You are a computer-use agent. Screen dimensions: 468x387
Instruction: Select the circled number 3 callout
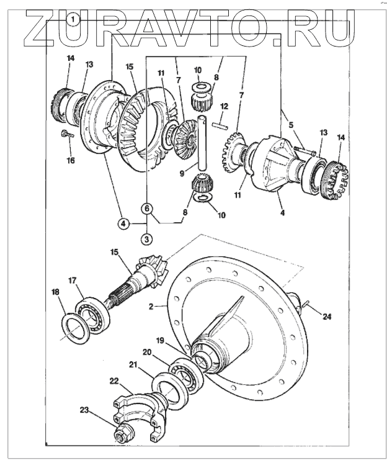point(147,238)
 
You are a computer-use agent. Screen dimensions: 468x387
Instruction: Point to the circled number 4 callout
point(124,223)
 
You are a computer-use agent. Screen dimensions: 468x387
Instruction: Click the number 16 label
point(71,161)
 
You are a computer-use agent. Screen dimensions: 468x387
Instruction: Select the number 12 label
point(225,107)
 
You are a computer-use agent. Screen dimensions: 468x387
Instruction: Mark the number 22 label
point(114,380)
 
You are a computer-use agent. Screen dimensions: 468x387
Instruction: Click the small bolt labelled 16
point(65,133)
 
